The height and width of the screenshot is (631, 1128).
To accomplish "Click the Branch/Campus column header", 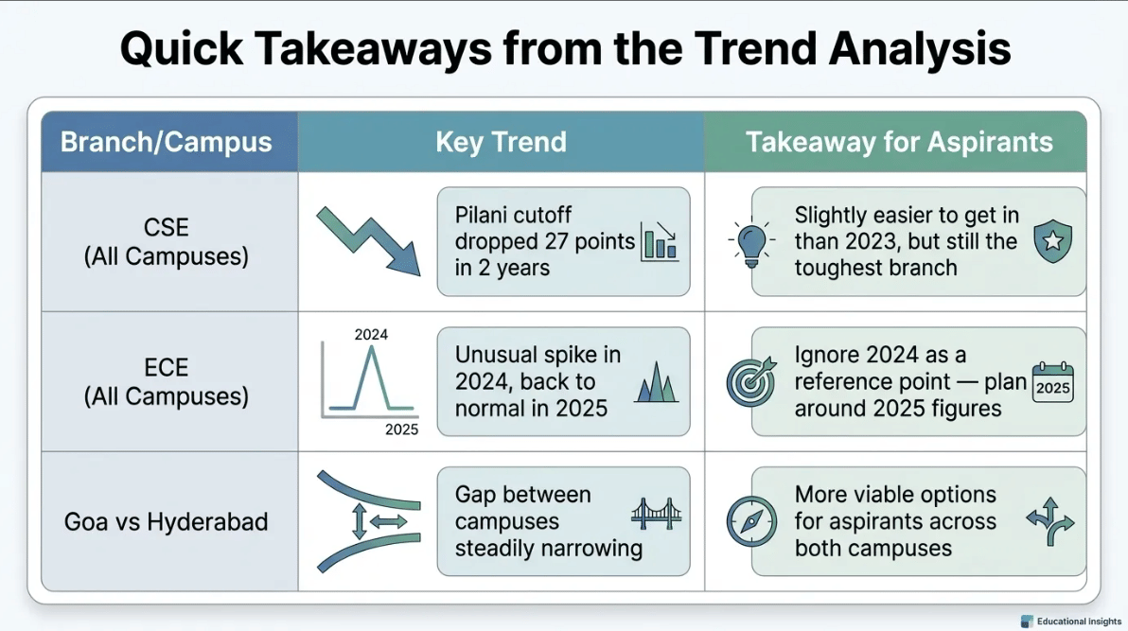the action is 167,142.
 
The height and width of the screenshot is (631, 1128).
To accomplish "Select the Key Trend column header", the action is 501,142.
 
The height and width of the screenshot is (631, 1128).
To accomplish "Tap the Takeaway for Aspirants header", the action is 899,142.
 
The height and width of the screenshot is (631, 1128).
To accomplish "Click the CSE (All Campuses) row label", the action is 167,242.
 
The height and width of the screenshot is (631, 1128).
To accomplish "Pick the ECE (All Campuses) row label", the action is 167,381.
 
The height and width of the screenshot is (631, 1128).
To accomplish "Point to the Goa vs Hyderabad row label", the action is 167,521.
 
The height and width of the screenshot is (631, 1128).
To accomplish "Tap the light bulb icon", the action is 751,242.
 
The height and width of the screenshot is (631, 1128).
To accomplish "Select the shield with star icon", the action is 1053,241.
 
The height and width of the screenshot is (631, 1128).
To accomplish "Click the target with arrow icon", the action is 751,381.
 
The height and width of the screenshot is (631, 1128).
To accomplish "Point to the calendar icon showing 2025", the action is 1053,383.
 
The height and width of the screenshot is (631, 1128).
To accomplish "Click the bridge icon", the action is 656,514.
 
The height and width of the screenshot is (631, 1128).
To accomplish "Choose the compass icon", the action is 751,521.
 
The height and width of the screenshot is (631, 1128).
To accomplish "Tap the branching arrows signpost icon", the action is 1050,521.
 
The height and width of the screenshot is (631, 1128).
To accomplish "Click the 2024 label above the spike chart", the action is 371,335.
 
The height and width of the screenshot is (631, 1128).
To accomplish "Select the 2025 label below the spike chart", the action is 401,429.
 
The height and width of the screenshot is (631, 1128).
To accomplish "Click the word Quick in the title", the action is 182,49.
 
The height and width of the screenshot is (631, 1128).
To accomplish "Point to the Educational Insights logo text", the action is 1079,621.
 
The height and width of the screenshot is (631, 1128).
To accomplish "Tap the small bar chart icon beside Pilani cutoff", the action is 659,241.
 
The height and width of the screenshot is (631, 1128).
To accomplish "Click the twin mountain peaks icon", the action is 656,382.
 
